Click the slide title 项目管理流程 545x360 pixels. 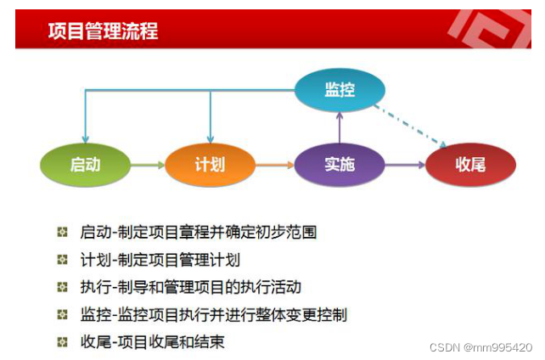pos(103,31)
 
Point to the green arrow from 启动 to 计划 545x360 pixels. pos(147,165)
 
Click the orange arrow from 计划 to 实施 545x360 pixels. pos(274,165)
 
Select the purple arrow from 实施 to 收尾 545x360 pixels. pos(404,165)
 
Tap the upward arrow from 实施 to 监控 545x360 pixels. pos(340,127)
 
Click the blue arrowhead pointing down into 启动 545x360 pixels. pos(85,138)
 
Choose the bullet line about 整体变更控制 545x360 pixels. pos(213,315)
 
